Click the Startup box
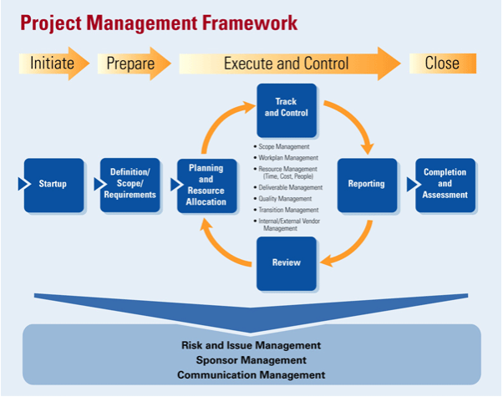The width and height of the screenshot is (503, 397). tap(53, 186)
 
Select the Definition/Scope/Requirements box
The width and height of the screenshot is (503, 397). tap(130, 186)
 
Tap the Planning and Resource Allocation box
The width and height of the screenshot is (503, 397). tap(207, 186)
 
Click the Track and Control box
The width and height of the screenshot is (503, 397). tap(287, 110)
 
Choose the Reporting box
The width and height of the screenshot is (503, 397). tap(368, 186)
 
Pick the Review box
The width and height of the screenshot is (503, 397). tap(287, 264)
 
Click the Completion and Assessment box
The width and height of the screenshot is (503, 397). tap(445, 186)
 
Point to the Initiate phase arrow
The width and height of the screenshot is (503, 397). tap(53, 64)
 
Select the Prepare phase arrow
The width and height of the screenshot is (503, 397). tap(134, 64)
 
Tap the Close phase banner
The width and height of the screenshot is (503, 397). tap(443, 64)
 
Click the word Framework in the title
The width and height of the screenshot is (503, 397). tap(250, 23)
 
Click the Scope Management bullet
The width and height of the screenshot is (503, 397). tap(282, 146)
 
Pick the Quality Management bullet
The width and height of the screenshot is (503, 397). tap(282, 199)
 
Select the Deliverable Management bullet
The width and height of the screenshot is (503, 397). tap(288, 187)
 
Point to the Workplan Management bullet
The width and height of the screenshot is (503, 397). tap(286, 158)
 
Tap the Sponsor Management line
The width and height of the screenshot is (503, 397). tap(251, 360)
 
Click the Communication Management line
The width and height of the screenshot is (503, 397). tap(251, 375)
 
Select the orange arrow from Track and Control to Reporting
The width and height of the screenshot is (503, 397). tap(355, 120)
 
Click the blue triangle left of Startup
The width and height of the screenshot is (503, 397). tap(24, 184)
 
